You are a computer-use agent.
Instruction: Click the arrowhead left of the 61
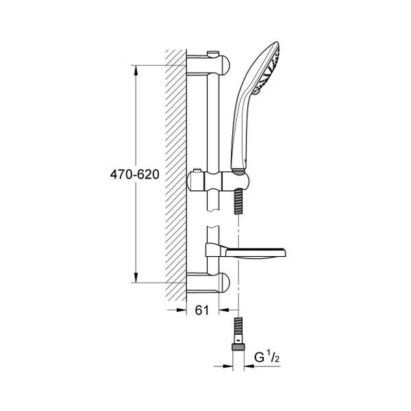[184, 310]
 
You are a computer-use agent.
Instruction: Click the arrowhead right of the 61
[223, 310]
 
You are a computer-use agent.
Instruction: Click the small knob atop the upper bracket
[213, 51]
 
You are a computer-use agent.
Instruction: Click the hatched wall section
[177, 171]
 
